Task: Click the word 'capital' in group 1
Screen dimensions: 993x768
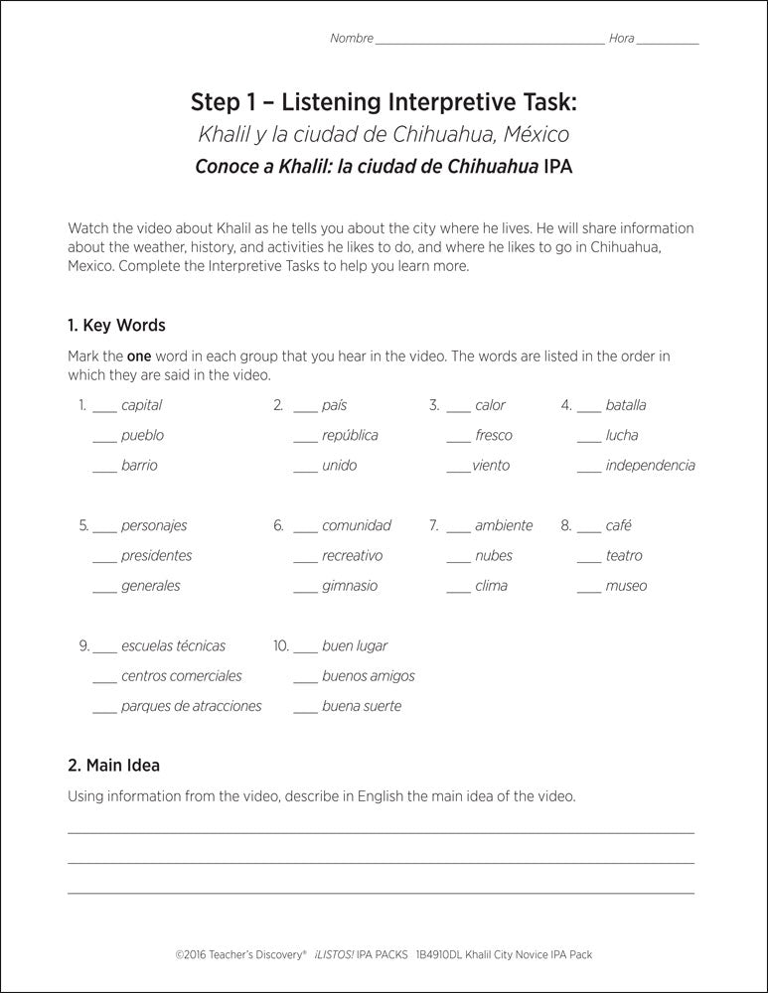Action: tap(141, 405)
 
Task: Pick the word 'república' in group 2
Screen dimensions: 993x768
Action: tap(350, 436)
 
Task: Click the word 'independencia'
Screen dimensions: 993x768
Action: tap(650, 466)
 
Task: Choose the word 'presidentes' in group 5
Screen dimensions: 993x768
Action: tap(156, 556)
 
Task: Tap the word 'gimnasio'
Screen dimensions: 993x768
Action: tap(350, 587)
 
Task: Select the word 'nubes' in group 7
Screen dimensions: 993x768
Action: tap(494, 556)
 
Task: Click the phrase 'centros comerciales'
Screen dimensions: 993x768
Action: tap(181, 676)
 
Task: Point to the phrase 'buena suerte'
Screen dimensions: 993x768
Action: tap(362, 707)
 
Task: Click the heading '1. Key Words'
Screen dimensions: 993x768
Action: tap(116, 325)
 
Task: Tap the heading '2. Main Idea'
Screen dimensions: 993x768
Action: tap(113, 765)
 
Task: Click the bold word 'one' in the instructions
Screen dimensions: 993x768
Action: tap(139, 355)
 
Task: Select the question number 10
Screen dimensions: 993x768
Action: tap(280, 646)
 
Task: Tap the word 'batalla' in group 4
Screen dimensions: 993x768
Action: tap(625, 405)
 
